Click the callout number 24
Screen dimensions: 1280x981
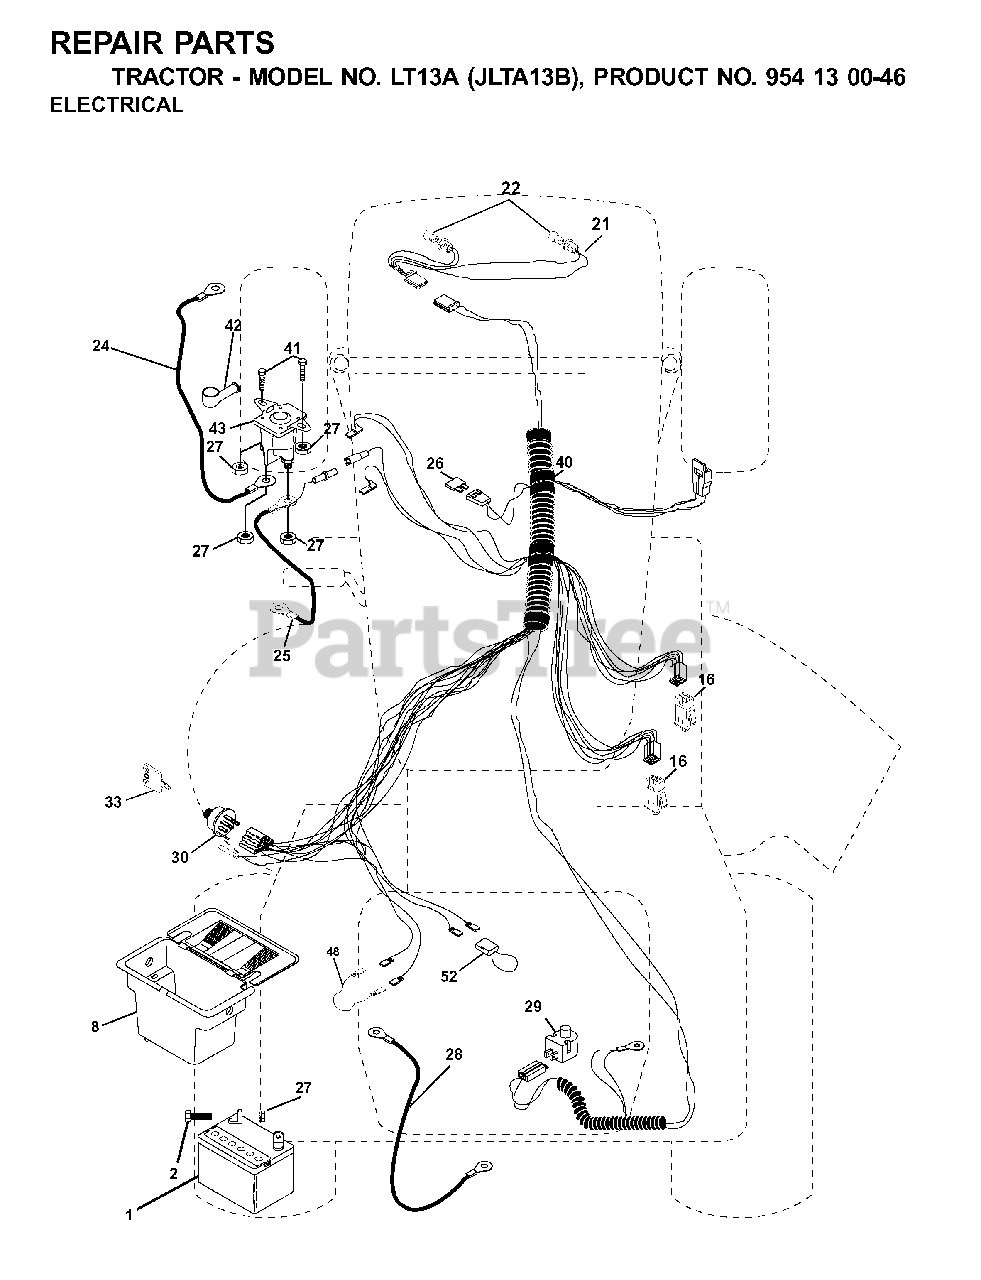pos(100,347)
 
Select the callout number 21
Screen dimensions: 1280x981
pos(600,224)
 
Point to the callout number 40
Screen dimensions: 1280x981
pos(565,462)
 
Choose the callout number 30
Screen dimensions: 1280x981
pos(179,857)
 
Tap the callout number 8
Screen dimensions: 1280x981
pos(95,1026)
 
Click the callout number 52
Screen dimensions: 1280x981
pos(450,976)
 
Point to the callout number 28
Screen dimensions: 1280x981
pos(455,1054)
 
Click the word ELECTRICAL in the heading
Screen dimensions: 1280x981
pos(116,105)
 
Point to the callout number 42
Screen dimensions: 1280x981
pos(233,326)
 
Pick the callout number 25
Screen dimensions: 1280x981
pos(282,656)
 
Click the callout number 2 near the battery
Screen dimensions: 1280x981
pos(173,1173)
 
